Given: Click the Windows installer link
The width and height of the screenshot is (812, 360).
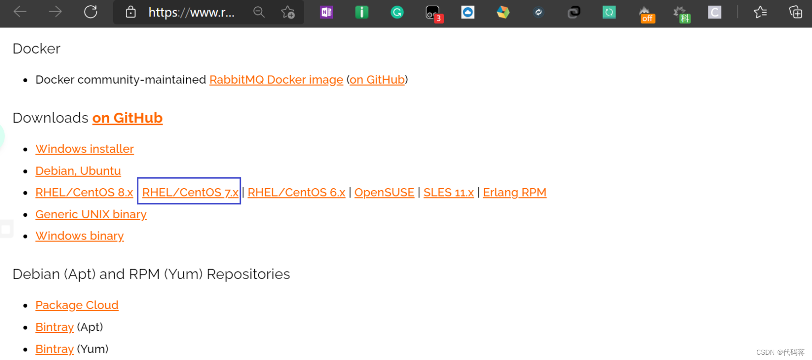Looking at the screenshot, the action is pos(85,149).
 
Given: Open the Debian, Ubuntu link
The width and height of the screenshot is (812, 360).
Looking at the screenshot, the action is pos(78,171).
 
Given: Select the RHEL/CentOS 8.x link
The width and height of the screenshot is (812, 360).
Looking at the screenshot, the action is pos(84,193).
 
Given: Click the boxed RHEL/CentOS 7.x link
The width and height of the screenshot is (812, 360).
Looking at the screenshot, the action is pos(190,193).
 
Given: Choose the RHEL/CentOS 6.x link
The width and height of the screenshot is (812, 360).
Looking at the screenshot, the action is pos(296,193).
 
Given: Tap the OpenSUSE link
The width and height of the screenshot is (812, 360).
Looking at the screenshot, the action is pos(384,193).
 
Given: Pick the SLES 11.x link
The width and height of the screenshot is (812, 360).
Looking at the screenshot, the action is pos(448,193).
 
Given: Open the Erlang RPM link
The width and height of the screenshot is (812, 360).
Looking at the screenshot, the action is pos(514,193).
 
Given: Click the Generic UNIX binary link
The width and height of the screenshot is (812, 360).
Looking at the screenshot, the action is pos(91,214).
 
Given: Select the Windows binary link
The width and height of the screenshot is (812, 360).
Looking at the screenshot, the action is pos(80,236).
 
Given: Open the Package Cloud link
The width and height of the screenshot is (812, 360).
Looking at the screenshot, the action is pos(77,305).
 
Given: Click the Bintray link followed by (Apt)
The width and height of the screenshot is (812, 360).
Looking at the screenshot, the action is pos(55,327).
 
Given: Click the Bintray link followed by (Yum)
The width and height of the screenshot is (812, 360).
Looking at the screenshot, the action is pos(55,349).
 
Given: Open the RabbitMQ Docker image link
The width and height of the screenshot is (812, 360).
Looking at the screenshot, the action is pos(276,80).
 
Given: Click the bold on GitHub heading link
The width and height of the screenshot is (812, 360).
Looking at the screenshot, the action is pos(127,118).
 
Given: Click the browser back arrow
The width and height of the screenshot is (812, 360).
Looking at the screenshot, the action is pos(20,12).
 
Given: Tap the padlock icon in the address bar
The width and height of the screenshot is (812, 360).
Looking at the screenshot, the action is pos(131,12).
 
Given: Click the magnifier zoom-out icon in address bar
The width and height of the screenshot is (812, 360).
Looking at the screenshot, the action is pos(259,12).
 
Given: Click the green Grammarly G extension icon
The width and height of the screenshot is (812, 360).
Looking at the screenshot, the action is pos(397,12).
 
